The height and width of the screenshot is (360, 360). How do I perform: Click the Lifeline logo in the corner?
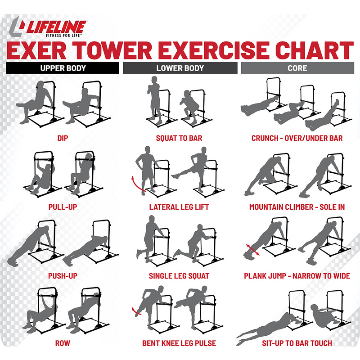[x=48, y=27]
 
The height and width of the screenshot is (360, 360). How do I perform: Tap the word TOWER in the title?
[x=114, y=50]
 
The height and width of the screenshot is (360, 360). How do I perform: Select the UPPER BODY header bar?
[x=63, y=68]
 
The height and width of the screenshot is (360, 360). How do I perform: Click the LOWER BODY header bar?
[x=180, y=68]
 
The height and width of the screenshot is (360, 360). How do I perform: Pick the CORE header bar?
[x=297, y=68]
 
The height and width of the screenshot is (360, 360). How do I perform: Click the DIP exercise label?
[x=63, y=138]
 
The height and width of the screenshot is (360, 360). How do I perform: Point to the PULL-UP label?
[x=63, y=207]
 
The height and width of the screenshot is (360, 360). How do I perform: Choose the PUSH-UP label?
[x=63, y=276]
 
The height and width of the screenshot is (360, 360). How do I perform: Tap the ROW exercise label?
[x=63, y=343]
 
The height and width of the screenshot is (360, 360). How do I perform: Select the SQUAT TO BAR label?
[x=179, y=138]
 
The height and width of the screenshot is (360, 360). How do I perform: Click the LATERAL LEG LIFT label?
[x=179, y=207]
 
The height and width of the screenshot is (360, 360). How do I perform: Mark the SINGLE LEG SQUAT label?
[x=179, y=276]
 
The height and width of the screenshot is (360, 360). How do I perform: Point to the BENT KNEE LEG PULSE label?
[x=179, y=343]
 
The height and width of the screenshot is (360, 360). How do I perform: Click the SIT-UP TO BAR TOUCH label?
[x=297, y=343]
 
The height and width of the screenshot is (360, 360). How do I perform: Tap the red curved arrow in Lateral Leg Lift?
[x=136, y=185]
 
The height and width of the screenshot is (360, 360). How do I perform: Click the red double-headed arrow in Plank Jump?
[x=252, y=250]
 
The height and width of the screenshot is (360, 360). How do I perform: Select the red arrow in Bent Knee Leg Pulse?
[x=136, y=311]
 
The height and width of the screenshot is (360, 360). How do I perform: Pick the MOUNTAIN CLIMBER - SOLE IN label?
[x=297, y=207]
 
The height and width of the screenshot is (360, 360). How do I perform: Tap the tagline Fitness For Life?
[x=63, y=36]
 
